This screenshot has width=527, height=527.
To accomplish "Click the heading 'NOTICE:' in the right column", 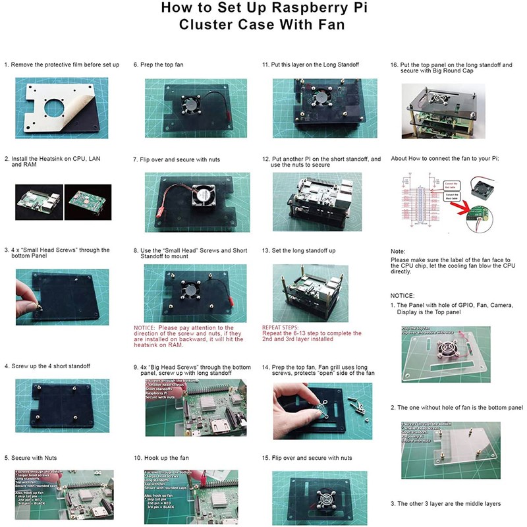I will click(402, 296).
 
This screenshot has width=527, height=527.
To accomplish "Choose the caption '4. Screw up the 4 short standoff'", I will click(47, 366).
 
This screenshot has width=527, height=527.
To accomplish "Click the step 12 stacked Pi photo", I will click(314, 197).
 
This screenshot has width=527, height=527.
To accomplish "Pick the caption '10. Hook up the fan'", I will click(162, 457).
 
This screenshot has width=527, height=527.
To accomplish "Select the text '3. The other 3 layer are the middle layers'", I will click(445, 503).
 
